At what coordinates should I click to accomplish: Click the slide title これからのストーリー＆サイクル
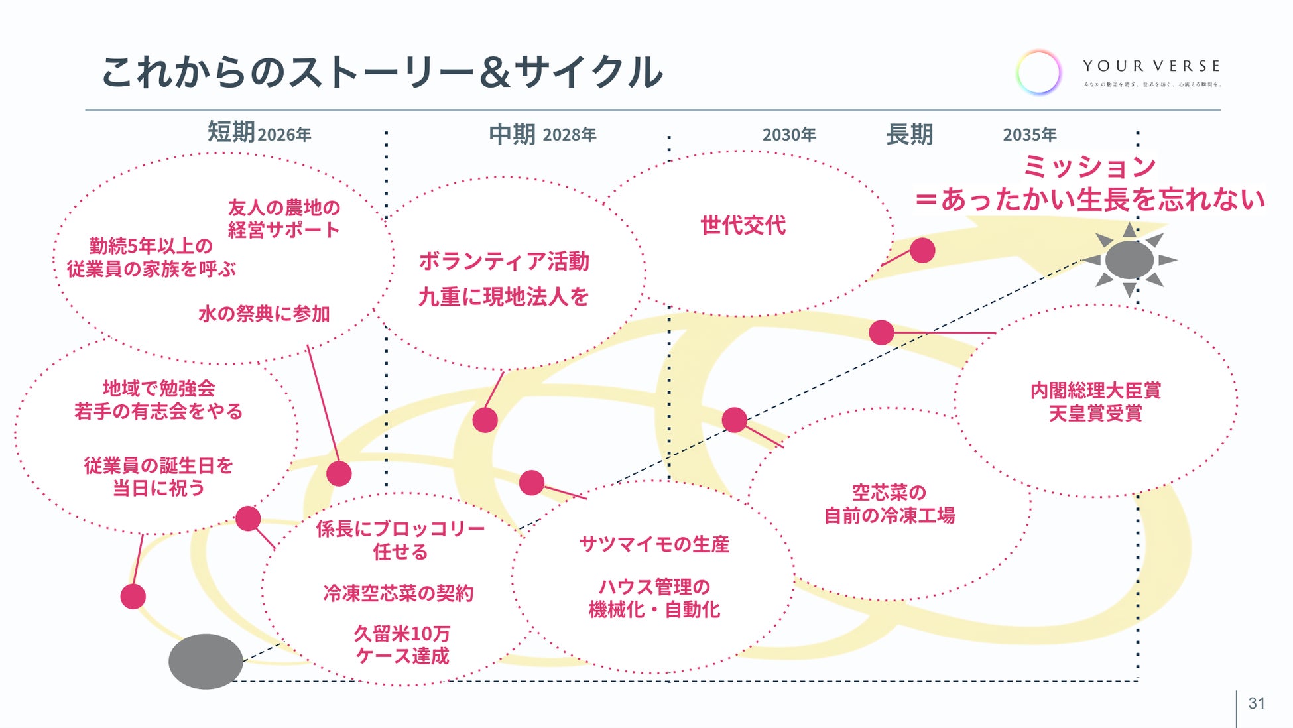381,72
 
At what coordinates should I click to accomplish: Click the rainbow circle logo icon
1038,72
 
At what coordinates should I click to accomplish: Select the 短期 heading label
231,132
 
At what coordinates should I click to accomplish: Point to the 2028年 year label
570,135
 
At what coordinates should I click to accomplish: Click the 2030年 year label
789,135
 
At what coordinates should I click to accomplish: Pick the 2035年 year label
1029,135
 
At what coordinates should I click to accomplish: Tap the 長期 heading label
909,135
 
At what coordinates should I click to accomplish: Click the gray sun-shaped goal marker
1129,260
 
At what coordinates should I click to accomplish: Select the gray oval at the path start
206,660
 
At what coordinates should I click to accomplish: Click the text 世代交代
743,225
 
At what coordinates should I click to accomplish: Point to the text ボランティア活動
504,261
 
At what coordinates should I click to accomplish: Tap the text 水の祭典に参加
264,314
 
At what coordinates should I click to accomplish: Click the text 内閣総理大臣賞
1095,391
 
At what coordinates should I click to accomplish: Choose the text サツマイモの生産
654,544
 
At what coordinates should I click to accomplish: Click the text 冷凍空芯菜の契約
399,593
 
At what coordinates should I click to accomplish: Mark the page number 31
1257,703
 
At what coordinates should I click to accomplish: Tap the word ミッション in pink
1089,166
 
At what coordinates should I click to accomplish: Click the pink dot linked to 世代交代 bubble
922,251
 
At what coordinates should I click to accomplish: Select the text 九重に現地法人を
504,296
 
